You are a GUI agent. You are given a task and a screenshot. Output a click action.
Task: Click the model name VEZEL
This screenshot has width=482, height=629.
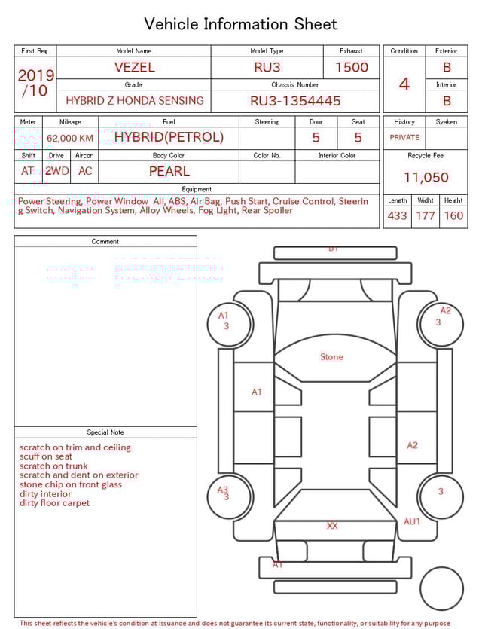(134, 67)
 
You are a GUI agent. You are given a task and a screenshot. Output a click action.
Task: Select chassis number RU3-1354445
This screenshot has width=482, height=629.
(295, 100)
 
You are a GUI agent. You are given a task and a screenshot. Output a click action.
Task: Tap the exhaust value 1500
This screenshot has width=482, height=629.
(351, 67)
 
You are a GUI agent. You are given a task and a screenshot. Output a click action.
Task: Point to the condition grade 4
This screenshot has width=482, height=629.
(404, 84)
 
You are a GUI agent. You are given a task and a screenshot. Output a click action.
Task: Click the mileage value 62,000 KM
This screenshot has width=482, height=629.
(70, 138)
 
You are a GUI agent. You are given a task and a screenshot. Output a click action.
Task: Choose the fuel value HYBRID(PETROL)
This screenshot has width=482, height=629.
(169, 137)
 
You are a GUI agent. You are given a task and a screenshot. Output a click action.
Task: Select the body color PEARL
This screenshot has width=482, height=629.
(169, 171)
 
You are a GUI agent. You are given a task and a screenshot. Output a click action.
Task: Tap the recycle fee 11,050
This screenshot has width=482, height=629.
(426, 178)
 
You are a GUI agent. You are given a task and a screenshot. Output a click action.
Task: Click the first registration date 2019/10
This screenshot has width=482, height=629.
(35, 84)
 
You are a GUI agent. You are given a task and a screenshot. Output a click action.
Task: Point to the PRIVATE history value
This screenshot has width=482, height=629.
(404, 137)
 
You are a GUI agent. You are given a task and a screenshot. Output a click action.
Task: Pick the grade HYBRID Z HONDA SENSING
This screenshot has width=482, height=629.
(134, 100)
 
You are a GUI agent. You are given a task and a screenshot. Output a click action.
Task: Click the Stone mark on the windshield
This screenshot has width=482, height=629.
(331, 357)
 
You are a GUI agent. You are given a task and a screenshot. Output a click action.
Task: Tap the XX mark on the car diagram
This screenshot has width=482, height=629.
(331, 526)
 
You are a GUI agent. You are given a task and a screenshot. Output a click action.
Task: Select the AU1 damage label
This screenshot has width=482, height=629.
(412, 521)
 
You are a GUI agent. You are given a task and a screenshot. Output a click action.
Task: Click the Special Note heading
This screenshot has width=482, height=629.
(105, 432)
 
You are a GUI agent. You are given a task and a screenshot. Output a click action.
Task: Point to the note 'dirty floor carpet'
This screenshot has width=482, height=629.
(54, 503)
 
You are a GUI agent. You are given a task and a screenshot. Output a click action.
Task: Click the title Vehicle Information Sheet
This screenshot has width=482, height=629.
(241, 24)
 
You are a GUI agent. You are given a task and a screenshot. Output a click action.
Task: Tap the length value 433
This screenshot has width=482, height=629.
(397, 215)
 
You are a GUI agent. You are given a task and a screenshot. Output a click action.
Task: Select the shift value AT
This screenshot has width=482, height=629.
(28, 171)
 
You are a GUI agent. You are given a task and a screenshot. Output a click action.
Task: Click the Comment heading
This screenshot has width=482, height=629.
(105, 242)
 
